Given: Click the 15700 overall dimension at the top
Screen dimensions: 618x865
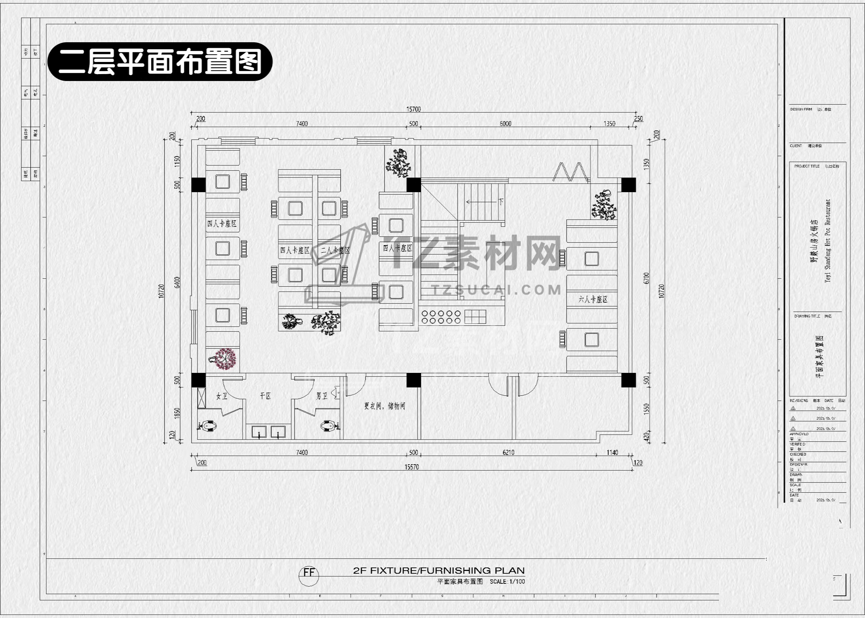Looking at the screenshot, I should click(413, 109).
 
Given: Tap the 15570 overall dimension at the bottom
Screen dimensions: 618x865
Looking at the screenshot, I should click(411, 467).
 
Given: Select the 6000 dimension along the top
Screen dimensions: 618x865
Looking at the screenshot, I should click(505, 124).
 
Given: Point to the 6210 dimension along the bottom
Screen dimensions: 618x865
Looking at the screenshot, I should click(508, 453).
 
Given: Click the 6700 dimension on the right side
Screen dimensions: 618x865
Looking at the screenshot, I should click(646, 278).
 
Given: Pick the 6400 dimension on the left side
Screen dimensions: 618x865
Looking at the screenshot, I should click(177, 283).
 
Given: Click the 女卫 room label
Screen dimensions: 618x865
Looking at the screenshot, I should click(222, 396).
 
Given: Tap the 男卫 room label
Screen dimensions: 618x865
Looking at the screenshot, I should click(322, 396).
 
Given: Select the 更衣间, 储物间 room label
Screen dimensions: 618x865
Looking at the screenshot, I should click(384, 406).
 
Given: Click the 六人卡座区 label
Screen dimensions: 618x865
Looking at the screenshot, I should click(593, 299).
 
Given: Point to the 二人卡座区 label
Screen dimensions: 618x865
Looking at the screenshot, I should click(335, 250).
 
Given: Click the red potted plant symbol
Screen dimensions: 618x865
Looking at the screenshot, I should click(226, 359).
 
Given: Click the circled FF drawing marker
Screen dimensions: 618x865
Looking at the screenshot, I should click(309, 573).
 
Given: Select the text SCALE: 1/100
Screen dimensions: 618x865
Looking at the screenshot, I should click(507, 581).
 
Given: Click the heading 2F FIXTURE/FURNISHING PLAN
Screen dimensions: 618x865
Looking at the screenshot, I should click(439, 571).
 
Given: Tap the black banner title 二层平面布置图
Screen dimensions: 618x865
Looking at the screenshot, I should click(160, 62).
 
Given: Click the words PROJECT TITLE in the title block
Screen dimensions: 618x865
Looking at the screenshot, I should click(807, 166).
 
